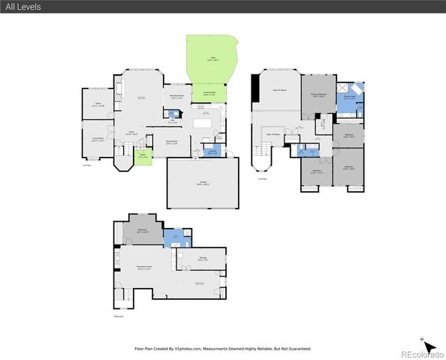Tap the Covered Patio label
tap(209, 94)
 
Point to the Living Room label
tap(97, 140)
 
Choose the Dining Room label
tap(171, 143)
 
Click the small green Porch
tap(143, 157)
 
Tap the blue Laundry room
tap(212, 152)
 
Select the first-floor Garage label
tap(203, 183)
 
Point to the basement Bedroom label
tap(143, 231)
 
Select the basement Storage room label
tap(203, 259)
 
